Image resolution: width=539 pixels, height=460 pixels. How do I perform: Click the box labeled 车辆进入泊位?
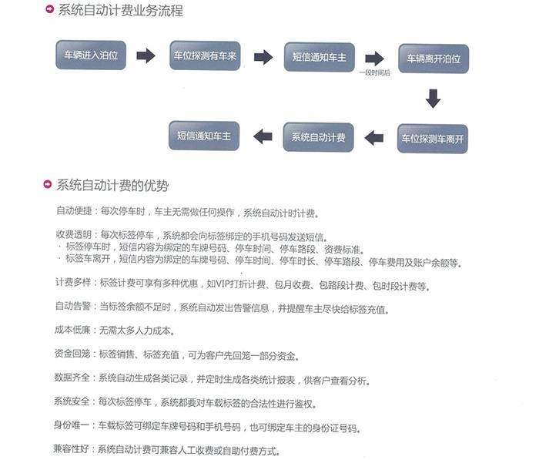pyautogui.click(x=91, y=55)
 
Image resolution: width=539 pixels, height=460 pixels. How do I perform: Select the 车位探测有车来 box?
pyautogui.click(x=205, y=55)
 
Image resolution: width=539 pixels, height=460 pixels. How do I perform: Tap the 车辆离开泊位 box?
pyautogui.click(x=434, y=59)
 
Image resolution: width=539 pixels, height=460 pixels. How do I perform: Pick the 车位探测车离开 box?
pyautogui.click(x=433, y=139)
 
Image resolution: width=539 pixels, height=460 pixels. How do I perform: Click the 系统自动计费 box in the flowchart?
pyautogui.click(x=318, y=137)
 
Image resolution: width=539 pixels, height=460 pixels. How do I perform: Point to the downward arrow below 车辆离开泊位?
pyautogui.click(x=433, y=99)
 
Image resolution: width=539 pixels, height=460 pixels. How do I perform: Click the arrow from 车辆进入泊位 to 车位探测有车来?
pyautogui.click(x=146, y=55)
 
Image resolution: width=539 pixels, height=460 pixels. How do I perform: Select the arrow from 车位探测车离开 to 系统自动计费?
pyautogui.click(x=374, y=138)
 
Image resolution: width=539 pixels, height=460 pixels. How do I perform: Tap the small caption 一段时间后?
pyautogui.click(x=375, y=72)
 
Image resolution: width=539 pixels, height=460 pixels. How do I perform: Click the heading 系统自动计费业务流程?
pyautogui.click(x=120, y=10)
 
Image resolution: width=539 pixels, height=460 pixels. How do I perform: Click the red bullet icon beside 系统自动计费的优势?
pyautogui.click(x=48, y=184)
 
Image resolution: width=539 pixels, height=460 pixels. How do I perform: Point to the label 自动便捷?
pyautogui.click(x=74, y=210)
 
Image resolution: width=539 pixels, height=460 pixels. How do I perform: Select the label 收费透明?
pyautogui.click(x=74, y=235)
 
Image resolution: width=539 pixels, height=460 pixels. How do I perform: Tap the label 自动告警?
pyautogui.click(x=73, y=306)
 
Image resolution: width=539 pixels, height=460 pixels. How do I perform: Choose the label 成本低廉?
pyautogui.click(x=72, y=330)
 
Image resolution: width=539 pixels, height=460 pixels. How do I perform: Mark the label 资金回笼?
pyautogui.click(x=72, y=354)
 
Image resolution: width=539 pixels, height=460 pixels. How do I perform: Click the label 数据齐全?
pyautogui.click(x=72, y=377)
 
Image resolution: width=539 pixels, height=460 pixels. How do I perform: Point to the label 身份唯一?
pyautogui.click(x=72, y=425)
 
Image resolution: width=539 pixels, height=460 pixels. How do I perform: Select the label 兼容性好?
pyautogui.click(x=71, y=448)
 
